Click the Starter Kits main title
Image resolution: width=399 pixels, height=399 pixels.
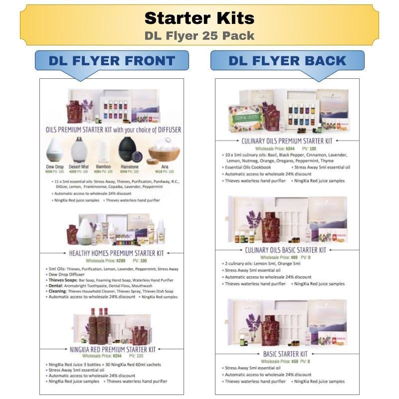pos(199,18)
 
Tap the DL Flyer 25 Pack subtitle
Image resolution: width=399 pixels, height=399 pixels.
pos(199,36)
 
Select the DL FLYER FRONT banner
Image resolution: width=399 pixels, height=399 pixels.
pos(112,61)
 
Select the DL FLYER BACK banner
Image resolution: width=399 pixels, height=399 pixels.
pos(287,61)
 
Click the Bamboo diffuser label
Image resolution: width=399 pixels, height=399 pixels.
pos(104,167)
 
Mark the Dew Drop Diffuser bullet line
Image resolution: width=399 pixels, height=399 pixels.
pos(69,275)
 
